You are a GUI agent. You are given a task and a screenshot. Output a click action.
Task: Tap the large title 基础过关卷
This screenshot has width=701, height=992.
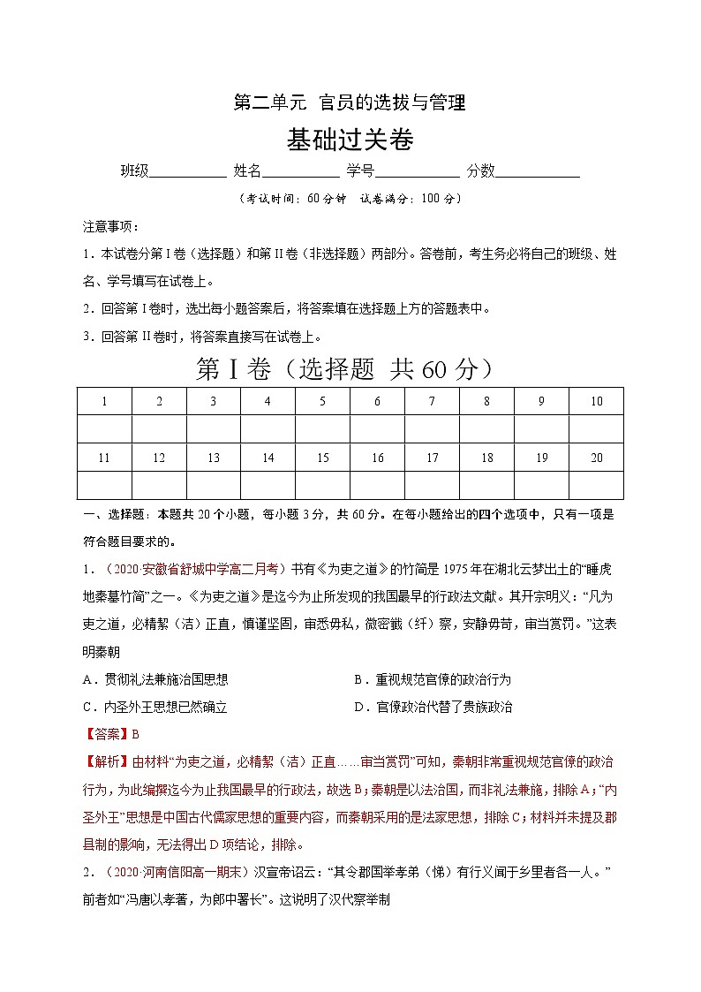tap(350, 140)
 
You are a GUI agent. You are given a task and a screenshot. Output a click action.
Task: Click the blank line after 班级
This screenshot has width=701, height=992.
tap(187, 172)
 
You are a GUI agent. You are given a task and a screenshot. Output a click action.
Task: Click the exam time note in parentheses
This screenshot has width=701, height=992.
tap(350, 199)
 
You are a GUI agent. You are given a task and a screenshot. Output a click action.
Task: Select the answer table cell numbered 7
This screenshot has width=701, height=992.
tap(432, 401)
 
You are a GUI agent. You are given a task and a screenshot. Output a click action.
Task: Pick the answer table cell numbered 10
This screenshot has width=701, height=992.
tap(596, 401)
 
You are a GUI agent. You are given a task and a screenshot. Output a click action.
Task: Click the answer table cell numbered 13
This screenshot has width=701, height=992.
tap(214, 458)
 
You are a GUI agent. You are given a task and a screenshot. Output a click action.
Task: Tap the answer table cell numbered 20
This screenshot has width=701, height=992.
tap(596, 458)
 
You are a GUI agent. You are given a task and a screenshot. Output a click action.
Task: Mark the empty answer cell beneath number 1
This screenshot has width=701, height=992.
tap(104, 429)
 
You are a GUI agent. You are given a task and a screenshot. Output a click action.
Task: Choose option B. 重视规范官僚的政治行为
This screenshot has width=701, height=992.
tap(432, 679)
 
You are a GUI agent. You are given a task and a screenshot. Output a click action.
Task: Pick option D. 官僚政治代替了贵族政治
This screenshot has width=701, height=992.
tap(432, 707)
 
